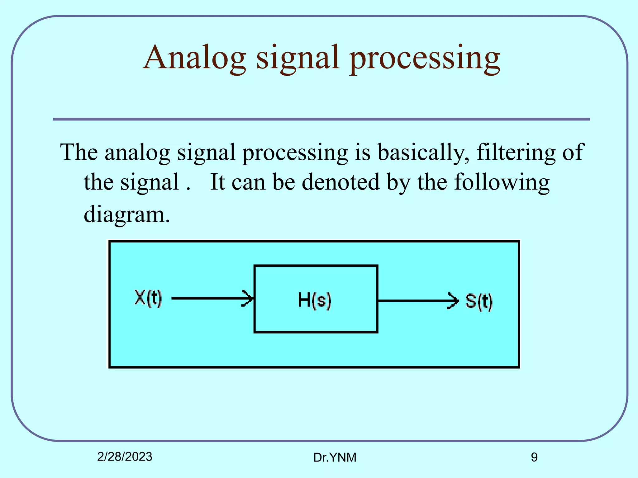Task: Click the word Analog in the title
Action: coord(195,58)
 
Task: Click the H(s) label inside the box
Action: coord(314,300)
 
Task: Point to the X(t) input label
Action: coord(148,298)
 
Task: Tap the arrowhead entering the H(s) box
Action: coord(248,298)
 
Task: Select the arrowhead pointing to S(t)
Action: coord(454,301)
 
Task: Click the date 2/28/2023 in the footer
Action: coord(125,457)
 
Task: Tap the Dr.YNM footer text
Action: coord(335,457)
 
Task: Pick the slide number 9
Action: coord(534,457)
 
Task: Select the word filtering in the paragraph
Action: coord(516,152)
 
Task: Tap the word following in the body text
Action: coord(502,182)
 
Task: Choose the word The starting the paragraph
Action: coord(79,152)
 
